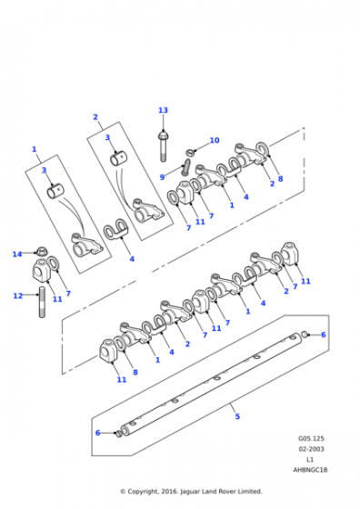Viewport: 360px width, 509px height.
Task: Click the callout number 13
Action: click(163, 110)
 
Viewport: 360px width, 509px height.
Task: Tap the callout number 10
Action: click(215, 140)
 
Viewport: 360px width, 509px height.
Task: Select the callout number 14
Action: click(17, 254)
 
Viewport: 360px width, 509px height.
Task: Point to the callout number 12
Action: click(18, 295)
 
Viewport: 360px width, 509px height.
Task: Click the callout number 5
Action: click(237, 416)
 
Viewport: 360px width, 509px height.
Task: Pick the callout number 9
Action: click(163, 177)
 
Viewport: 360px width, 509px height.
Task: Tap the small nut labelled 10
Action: click(190, 152)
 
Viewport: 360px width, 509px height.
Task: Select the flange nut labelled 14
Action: click(41, 252)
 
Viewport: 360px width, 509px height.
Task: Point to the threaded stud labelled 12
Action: click(42, 302)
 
